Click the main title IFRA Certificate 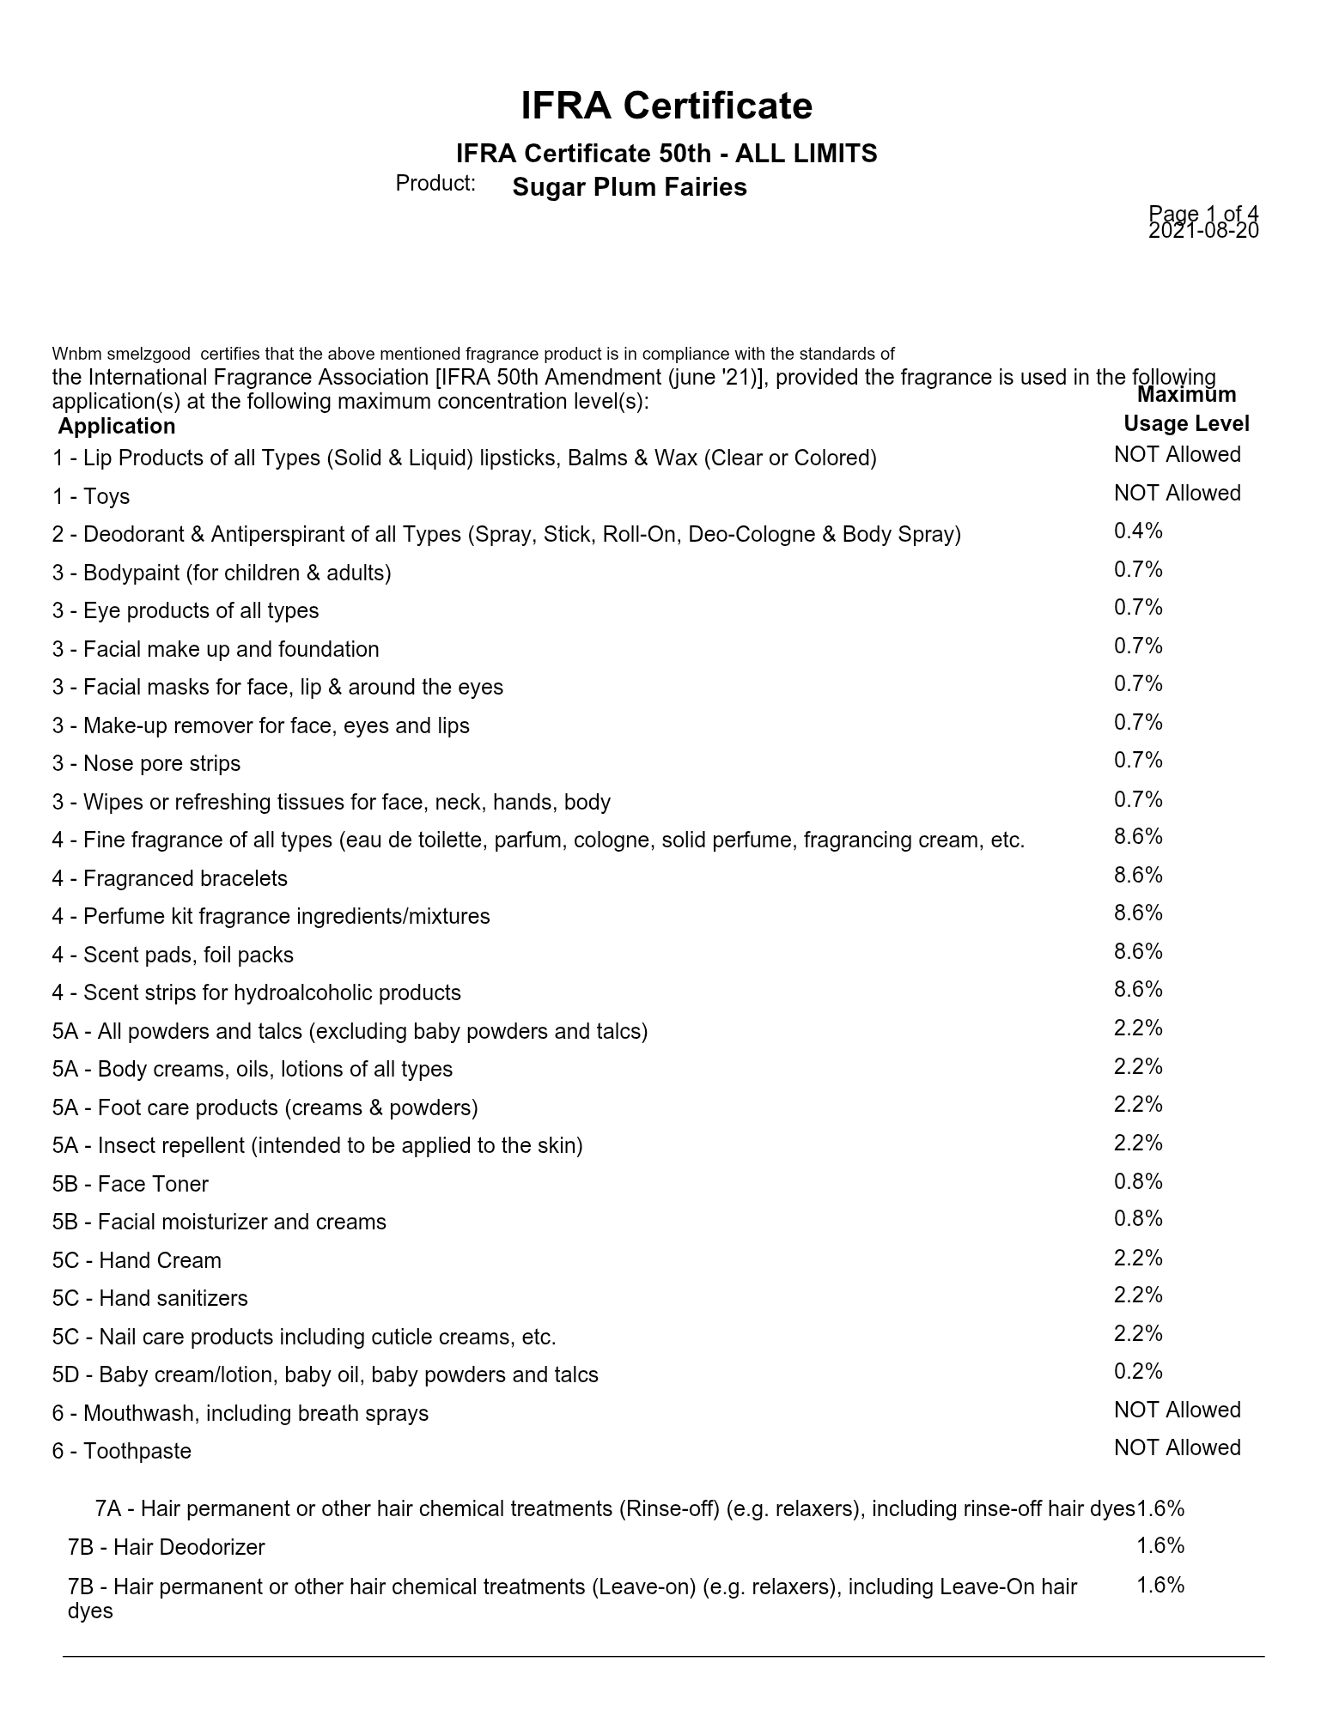point(667,106)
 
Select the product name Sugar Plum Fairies point(629,187)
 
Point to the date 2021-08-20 point(1202,231)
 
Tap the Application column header point(117,427)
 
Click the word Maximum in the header point(1186,395)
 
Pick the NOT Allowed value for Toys point(1177,494)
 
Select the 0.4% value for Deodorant point(1138,531)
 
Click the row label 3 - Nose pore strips point(146,764)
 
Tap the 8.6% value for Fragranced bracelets point(1138,876)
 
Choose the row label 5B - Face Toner point(131,1185)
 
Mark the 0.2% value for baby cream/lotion point(1138,1372)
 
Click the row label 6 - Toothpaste point(122,1452)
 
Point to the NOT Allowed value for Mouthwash point(1177,1411)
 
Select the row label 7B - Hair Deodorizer point(167,1548)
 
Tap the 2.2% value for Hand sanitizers point(1138,1295)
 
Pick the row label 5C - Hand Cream point(137,1261)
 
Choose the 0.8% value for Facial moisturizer point(1138,1219)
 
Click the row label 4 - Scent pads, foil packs point(173,956)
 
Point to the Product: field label point(435,184)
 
